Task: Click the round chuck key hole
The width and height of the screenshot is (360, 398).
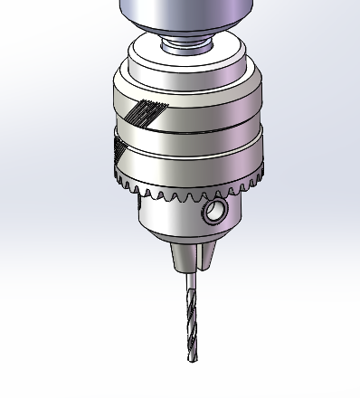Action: coord(215,213)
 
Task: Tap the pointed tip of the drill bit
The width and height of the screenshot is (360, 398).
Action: coord(190,361)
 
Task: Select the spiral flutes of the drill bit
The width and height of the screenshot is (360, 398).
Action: coord(190,326)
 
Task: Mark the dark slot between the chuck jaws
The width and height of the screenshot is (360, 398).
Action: coord(191,258)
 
